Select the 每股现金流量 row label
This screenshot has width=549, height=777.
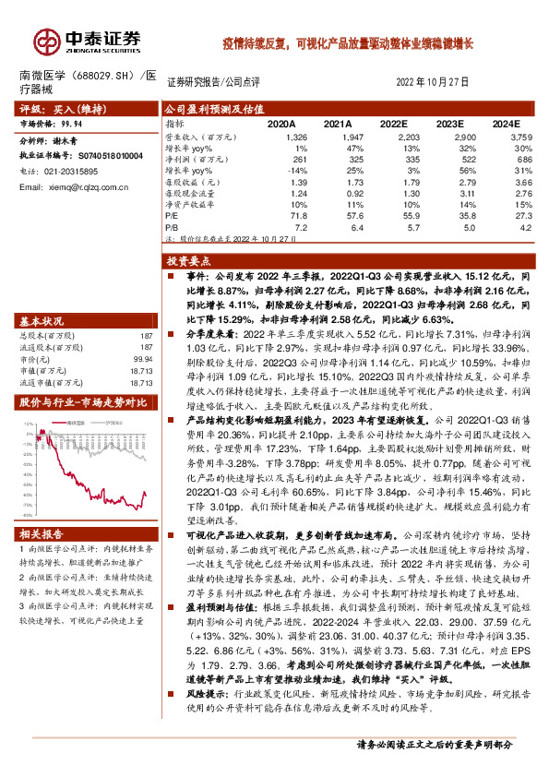coord(190,193)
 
